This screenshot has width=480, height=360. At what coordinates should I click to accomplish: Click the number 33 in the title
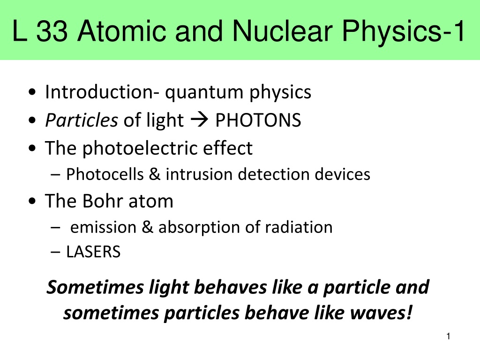[52, 31]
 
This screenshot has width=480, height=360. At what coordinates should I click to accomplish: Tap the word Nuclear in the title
[282, 31]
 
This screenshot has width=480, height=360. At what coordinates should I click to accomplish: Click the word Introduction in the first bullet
[102, 92]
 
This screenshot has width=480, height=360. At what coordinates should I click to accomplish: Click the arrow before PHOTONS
[199, 120]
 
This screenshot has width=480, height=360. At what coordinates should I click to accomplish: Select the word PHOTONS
[258, 120]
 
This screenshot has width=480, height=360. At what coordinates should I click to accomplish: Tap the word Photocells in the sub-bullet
[105, 174]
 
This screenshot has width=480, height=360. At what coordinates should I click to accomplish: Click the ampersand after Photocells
[155, 174]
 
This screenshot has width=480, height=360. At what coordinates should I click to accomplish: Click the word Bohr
[103, 201]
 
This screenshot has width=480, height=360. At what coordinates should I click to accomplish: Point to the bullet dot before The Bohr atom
[32, 202]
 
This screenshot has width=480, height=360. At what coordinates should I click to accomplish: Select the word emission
[103, 227]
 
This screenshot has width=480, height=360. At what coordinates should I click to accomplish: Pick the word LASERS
[93, 252]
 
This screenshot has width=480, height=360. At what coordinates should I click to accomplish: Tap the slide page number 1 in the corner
[449, 337]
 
